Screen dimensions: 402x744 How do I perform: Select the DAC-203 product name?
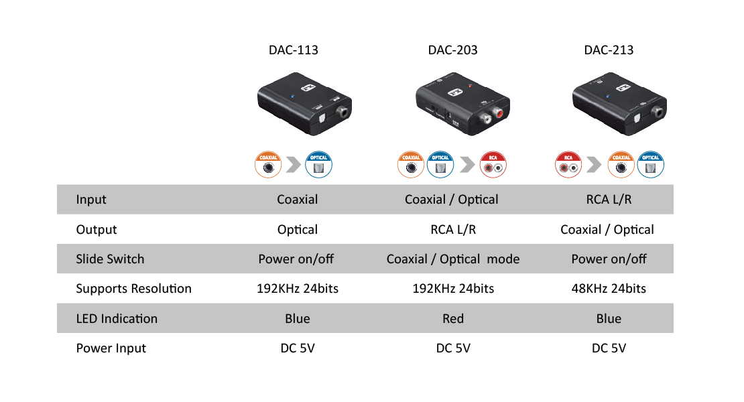click(x=452, y=50)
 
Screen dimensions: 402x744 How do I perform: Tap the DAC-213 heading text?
click(x=609, y=50)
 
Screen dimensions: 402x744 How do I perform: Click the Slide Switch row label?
click(x=110, y=259)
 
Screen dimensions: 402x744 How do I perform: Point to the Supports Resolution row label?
click(x=134, y=289)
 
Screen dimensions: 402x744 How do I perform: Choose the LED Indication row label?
click(x=117, y=319)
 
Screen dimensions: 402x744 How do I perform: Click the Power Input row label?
click(x=111, y=348)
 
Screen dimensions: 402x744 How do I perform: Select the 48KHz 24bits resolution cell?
click(x=609, y=289)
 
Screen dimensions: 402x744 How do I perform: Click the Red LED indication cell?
click(x=453, y=319)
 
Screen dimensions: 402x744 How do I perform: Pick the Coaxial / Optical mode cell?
click(x=453, y=259)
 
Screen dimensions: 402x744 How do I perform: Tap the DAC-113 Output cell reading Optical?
click(x=298, y=230)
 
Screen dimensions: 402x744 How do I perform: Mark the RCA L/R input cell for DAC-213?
click(x=609, y=200)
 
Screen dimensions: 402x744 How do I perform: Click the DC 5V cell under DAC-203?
click(x=453, y=348)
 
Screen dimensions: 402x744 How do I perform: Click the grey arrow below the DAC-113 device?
click(x=293, y=165)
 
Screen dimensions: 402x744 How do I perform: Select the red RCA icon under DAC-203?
click(x=493, y=165)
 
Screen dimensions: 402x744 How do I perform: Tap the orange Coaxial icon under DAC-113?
click(x=269, y=165)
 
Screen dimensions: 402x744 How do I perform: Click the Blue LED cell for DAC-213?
click(x=609, y=319)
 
